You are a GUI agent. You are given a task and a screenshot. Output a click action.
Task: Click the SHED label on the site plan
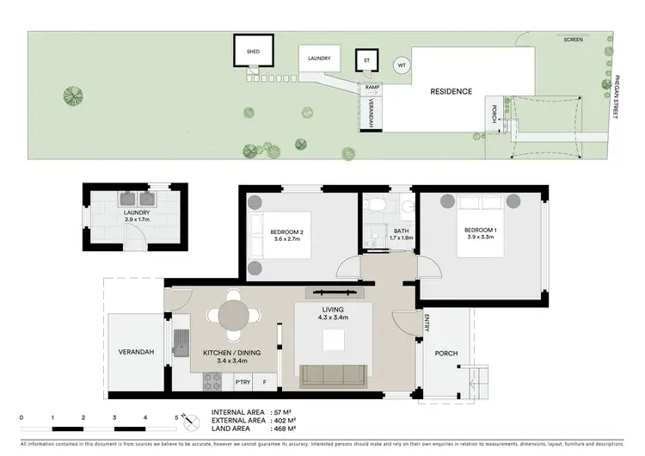pyautogui.click(x=253, y=52)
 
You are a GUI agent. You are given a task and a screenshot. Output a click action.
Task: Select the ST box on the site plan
pyautogui.click(x=367, y=60)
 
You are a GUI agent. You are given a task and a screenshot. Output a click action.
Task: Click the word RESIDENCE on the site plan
pyautogui.click(x=451, y=91)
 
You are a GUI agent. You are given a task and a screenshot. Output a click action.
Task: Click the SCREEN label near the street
pyautogui.click(x=572, y=40)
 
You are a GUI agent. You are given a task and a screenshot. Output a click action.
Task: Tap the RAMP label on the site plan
pyautogui.click(x=372, y=87)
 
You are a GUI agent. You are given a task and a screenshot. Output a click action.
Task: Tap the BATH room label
pyautogui.click(x=401, y=230)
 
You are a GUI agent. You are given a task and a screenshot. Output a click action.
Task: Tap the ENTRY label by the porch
pyautogui.click(x=427, y=324)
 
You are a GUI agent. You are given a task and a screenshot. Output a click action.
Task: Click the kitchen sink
pyautogui.click(x=183, y=342)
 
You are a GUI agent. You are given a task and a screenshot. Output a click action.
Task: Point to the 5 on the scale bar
pyautogui.click(x=176, y=417)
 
